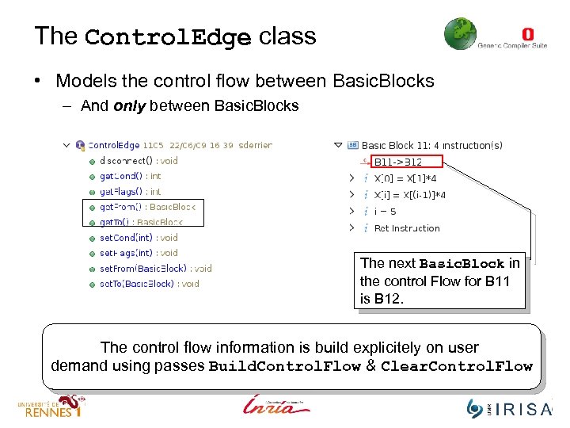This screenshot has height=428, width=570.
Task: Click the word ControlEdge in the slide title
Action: click(167, 37)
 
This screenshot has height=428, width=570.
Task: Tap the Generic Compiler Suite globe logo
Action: click(460, 34)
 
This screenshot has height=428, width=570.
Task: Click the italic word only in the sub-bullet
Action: click(129, 106)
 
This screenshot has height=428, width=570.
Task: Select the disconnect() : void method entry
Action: click(139, 161)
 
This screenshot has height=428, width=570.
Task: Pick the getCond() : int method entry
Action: click(130, 176)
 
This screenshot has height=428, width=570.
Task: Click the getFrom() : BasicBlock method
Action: click(146, 207)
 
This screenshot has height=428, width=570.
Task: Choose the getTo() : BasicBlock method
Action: click(141, 222)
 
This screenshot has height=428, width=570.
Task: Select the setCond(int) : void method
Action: click(139, 238)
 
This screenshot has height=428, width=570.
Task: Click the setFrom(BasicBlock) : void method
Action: click(155, 269)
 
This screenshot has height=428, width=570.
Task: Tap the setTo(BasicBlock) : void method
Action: click(149, 284)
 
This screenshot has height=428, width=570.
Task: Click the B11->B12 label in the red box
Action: click(398, 162)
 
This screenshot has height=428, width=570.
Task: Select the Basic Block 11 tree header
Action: click(431, 146)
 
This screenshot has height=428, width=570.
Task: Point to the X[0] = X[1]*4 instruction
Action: click(410, 178)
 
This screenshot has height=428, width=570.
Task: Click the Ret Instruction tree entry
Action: click(407, 228)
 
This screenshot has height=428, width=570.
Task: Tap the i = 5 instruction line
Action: click(385, 212)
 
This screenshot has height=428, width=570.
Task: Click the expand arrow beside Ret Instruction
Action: click(351, 228)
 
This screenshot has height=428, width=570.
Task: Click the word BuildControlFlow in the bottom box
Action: click(284, 366)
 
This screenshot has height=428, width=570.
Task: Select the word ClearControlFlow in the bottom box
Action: click(457, 366)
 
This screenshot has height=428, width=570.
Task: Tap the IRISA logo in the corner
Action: click(510, 407)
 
